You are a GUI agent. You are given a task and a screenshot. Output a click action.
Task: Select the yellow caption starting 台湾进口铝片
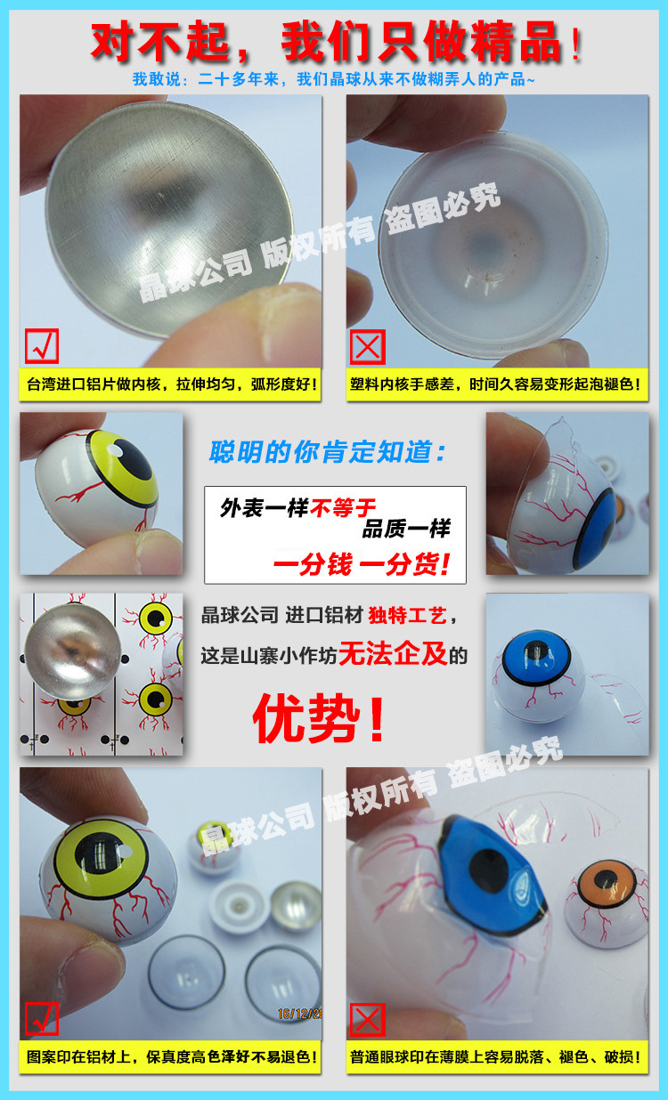[x=169, y=386]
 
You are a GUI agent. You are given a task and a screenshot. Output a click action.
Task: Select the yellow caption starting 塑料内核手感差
[x=496, y=386]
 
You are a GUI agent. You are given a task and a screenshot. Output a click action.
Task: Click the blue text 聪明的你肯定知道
[x=329, y=452]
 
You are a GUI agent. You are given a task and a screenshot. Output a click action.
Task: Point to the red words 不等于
[x=343, y=508]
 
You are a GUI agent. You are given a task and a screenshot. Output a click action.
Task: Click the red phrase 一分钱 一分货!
[x=362, y=562]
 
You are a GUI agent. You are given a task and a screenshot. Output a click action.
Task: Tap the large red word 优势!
[x=320, y=719]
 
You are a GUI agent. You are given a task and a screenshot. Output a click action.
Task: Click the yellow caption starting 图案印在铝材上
[x=169, y=1057]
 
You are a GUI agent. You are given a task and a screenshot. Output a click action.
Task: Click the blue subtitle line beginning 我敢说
[x=333, y=80]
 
